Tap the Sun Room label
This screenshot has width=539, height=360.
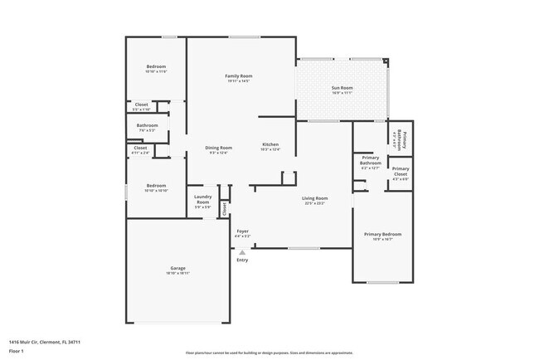click(x=342, y=88)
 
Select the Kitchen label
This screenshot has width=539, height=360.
click(x=270, y=144)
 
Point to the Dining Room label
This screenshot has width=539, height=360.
click(x=218, y=148)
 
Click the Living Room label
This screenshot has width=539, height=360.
click(x=314, y=198)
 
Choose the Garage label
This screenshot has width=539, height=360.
click(x=177, y=268)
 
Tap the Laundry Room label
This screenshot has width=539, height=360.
click(x=203, y=200)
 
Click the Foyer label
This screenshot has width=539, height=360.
click(x=242, y=231)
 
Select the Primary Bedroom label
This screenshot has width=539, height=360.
click(x=382, y=235)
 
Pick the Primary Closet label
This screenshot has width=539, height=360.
click(x=401, y=171)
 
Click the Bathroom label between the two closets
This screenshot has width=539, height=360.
click(x=148, y=125)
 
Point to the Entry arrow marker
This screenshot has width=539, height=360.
click(x=242, y=252)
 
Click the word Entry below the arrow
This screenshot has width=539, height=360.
click(x=242, y=260)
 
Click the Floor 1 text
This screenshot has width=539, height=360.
click(x=16, y=350)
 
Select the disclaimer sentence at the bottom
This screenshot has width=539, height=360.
click(x=269, y=353)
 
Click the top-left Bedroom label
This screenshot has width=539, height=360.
click(x=156, y=66)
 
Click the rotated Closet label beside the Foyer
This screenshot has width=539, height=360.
click(x=224, y=208)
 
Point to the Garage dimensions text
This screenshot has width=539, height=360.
click(x=177, y=273)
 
